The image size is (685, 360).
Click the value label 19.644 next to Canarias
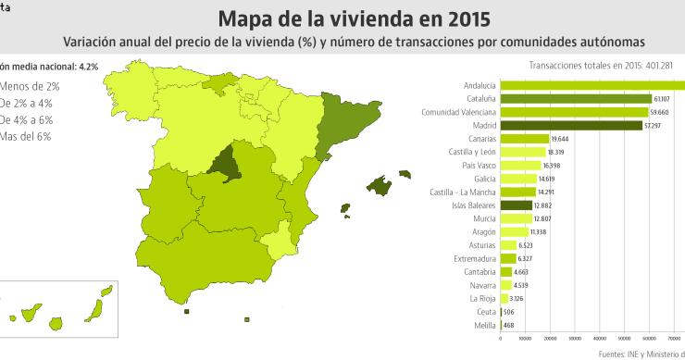coord(561,138)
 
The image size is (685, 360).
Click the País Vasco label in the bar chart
coord(478,165)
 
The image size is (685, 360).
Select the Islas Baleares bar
coord(516,205)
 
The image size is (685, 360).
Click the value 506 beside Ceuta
coord(510,313)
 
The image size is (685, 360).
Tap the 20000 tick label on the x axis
coord(550,338)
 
